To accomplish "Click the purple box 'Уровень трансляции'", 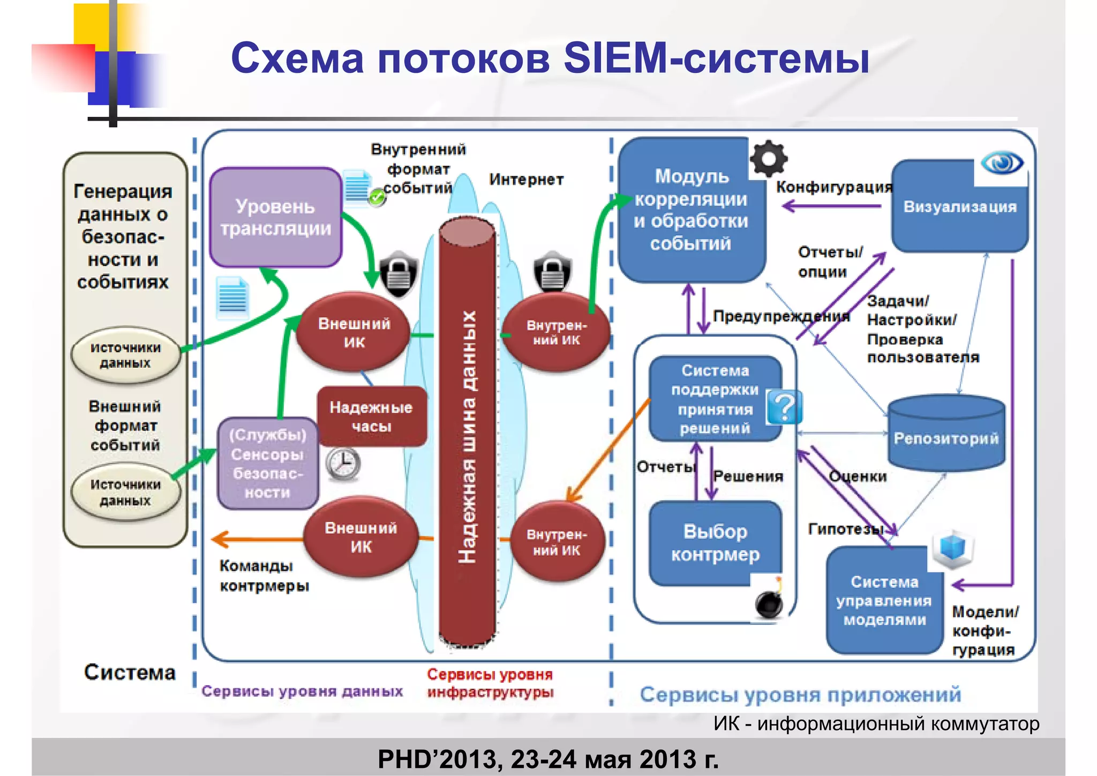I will coord(275,217).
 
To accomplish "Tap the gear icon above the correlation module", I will coord(768,159).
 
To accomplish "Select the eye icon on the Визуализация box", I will coord(1001,163).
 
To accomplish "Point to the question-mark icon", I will coord(784,407).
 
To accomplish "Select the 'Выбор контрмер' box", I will coord(715,542).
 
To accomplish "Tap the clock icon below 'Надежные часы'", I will coord(343,463).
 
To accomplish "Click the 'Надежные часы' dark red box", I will coord(371,416).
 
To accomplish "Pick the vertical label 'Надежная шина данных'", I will coord(467,437).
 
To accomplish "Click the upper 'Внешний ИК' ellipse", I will coord(354,332).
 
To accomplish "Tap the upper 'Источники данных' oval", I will coord(125,355).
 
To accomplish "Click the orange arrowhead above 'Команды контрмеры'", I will coord(220,539).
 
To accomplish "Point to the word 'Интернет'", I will coord(526,180).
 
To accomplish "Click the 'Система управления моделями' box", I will coord(884,601).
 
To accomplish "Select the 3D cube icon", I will coord(952,549).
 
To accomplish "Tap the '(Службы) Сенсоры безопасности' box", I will coord(267,464).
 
